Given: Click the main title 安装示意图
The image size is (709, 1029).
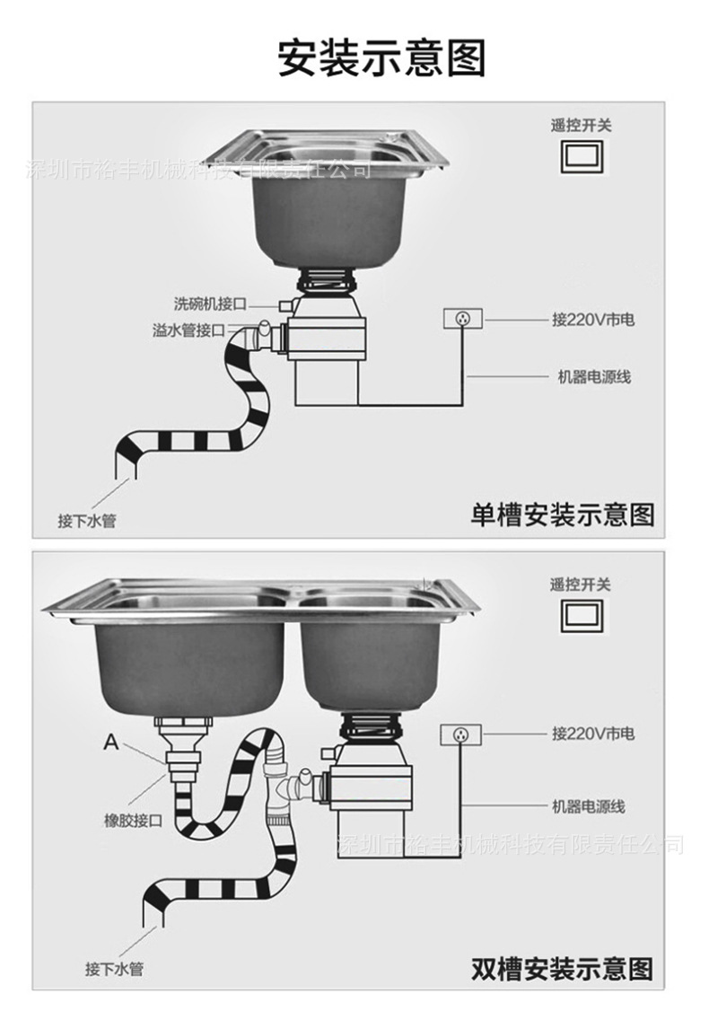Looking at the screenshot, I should pos(381,57).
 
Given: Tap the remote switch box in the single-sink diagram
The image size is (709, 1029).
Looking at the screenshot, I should pos(580,154).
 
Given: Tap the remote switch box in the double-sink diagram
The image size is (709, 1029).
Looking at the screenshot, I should pos(580,614).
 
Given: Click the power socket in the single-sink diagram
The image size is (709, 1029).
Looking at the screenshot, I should pos(463,318).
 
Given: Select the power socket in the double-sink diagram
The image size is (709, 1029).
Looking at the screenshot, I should pos(460,734).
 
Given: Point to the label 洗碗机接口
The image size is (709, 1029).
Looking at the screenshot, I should pos(209,303).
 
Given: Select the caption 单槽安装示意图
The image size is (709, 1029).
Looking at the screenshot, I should pos(563,514).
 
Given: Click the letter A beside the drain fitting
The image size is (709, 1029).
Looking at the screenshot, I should pos(111,742).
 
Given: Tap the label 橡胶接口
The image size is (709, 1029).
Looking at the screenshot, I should pos(133,820).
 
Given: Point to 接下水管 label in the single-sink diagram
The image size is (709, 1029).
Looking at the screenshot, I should pos(87,520).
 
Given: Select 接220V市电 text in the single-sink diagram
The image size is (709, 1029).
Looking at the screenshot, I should pos(593,319).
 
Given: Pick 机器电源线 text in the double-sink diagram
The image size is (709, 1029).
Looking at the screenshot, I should pos(588,806).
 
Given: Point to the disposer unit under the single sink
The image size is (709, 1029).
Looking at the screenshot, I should pos(328,350).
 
